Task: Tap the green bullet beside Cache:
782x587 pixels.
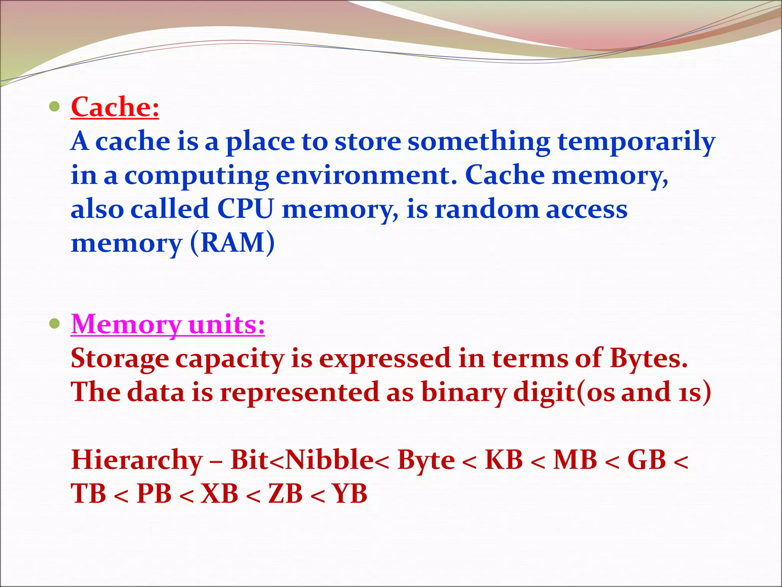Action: tap(55, 107)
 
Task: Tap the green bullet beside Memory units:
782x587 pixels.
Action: tap(55, 324)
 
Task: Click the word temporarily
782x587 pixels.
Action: tap(636, 141)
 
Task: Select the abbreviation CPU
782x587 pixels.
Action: tap(246, 209)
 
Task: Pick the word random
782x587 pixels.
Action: tap(487, 209)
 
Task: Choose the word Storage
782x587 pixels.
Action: tap(120, 358)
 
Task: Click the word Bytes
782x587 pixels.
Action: tap(648, 358)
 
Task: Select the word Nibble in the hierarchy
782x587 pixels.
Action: tap(330, 460)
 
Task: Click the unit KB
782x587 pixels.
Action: tap(504, 460)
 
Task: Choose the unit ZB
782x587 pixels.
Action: tap(285, 493)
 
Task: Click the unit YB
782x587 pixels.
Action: tap(350, 493)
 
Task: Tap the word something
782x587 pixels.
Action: tap(479, 141)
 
